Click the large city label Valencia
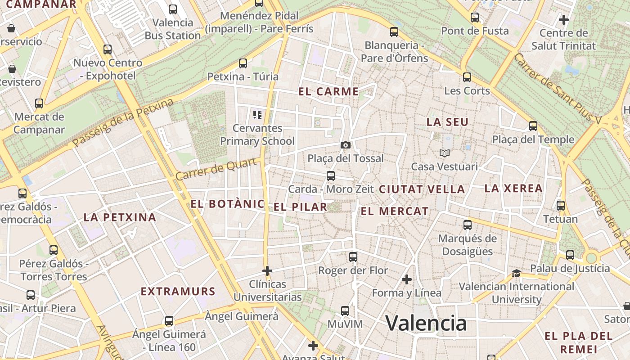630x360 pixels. (x=426, y=323)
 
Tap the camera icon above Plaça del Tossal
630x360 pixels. (x=346, y=145)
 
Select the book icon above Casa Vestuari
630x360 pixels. (x=445, y=153)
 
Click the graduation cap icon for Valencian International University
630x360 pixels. (x=516, y=274)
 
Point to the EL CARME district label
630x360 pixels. (x=328, y=92)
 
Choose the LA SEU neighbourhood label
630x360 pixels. (x=447, y=122)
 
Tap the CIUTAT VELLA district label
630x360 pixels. (x=422, y=189)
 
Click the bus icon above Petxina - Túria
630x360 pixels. (x=243, y=63)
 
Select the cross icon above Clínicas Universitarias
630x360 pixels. (x=267, y=271)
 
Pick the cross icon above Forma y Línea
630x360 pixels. (x=407, y=279)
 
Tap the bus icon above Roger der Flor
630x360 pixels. (x=353, y=257)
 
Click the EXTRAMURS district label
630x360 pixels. (x=178, y=292)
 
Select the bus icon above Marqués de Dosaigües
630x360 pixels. (x=468, y=225)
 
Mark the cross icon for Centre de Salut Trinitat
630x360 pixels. (x=563, y=20)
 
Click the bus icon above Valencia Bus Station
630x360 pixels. (x=173, y=9)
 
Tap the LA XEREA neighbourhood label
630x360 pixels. (x=513, y=189)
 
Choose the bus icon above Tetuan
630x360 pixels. (x=561, y=206)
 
